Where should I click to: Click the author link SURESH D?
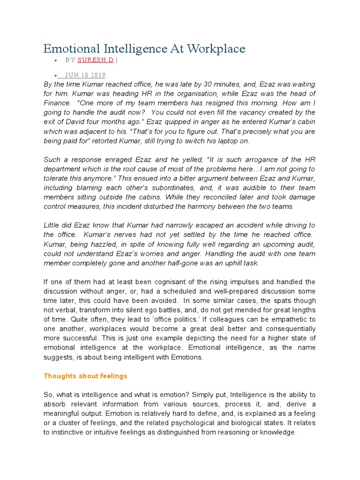[x=96, y=60]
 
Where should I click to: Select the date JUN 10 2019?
[x=85, y=75]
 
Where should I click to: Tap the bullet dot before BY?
[x=56, y=60]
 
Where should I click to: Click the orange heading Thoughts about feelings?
[x=85, y=376]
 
